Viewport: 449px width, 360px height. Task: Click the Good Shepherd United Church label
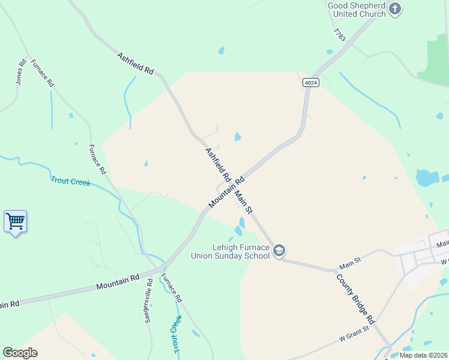(x=357, y=10)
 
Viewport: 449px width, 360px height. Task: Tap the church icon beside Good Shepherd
(x=394, y=8)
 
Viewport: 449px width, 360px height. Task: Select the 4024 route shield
(x=310, y=83)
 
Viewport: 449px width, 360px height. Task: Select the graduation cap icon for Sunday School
(x=279, y=250)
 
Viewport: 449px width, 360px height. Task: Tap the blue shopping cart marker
(x=15, y=221)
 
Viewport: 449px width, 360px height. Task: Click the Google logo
(x=20, y=353)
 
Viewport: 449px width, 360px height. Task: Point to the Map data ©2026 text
(x=423, y=355)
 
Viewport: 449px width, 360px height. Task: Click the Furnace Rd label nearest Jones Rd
(x=42, y=73)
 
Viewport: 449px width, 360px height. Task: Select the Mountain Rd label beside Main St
(x=227, y=192)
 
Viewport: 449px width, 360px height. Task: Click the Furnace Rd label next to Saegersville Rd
(x=172, y=288)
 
